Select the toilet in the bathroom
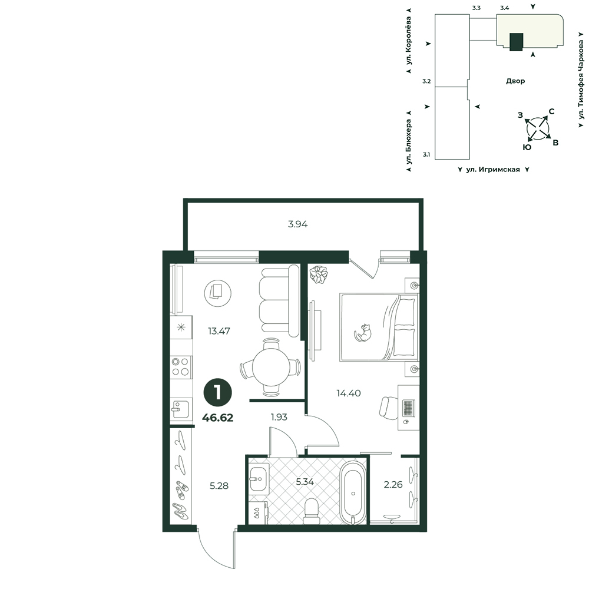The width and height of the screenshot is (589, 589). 310,511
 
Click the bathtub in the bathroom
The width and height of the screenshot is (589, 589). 353,492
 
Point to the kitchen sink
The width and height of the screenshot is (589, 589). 181,409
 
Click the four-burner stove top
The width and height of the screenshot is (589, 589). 180,367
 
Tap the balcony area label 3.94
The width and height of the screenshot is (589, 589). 298,224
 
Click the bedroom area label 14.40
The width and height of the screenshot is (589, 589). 349,393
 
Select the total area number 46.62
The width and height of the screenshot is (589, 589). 217,418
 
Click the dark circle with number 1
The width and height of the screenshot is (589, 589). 217,392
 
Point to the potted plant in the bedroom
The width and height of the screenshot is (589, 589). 319,274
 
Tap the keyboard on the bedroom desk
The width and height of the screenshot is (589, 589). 408,408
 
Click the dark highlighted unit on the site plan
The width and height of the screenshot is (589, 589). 516,42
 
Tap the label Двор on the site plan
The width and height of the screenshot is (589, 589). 515,81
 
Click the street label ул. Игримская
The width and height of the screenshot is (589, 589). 493,170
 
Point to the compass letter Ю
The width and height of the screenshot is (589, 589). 527,147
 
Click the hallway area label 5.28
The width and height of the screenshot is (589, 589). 219,486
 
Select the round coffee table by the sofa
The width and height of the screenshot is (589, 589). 217,293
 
